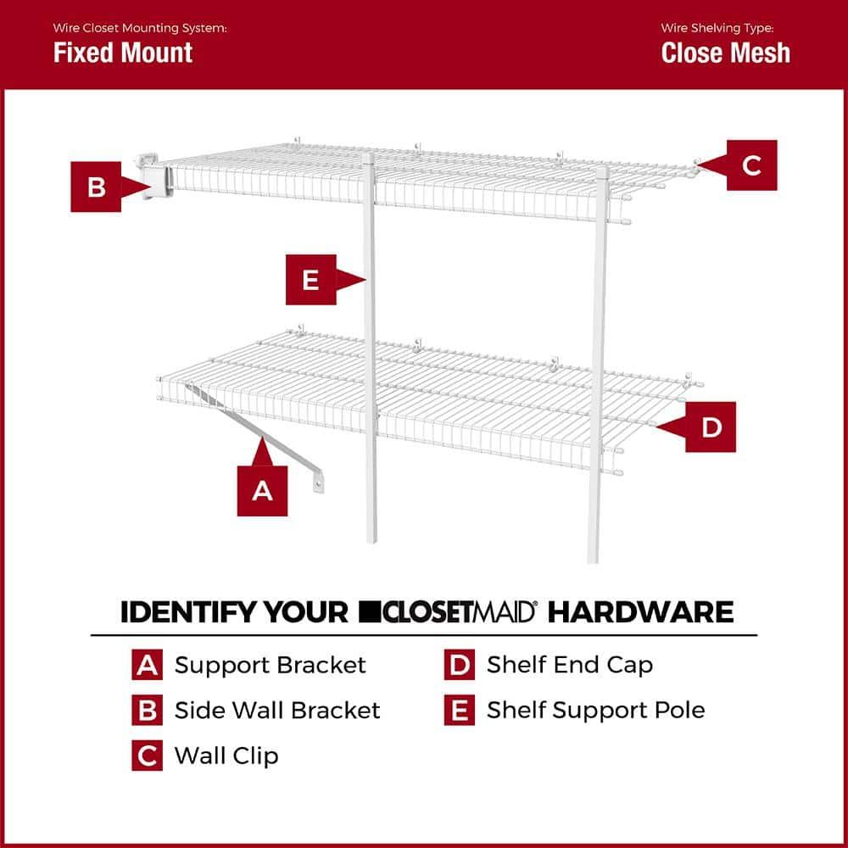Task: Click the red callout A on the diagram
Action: (262, 489)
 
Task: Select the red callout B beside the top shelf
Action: (96, 186)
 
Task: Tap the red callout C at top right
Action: (751, 165)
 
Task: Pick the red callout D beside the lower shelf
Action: (711, 427)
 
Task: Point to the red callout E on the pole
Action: (310, 279)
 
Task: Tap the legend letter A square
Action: (147, 665)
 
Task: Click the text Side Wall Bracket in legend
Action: (277, 710)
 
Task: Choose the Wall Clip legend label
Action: (226, 755)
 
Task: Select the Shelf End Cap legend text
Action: (570, 665)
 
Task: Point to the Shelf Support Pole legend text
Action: (595, 710)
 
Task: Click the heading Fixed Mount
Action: (123, 53)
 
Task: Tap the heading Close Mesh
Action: (725, 53)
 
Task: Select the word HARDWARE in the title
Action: (640, 611)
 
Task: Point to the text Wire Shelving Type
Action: (717, 28)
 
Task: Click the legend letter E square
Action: (459, 710)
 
